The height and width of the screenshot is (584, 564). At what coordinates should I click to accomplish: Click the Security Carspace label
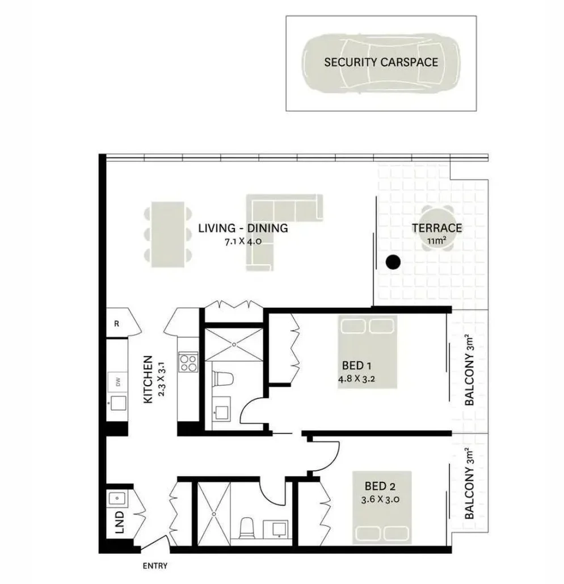381,62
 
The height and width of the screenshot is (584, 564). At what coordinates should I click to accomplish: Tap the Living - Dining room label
243,228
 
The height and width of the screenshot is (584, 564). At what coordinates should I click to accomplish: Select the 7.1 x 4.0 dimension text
243,241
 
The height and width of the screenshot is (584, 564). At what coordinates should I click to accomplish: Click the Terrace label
436,228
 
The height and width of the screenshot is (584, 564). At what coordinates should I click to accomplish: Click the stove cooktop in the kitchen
188,362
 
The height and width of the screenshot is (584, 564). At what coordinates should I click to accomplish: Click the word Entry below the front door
155,566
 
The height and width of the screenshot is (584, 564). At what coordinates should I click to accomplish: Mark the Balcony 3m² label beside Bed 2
469,484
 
